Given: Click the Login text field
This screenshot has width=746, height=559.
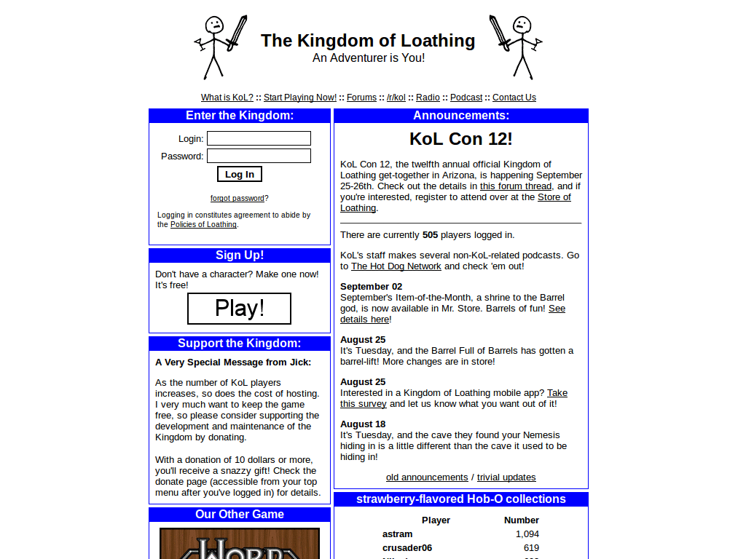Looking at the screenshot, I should (x=259, y=138).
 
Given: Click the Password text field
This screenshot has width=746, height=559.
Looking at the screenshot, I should (x=259, y=156).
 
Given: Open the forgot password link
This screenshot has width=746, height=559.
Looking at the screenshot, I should (x=237, y=198).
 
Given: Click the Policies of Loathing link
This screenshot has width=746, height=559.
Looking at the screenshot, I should (x=203, y=225).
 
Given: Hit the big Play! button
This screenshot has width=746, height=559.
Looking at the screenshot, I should (x=239, y=309).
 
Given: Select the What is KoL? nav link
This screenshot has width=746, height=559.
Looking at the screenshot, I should (x=227, y=98).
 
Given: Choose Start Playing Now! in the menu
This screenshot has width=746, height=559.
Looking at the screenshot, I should (x=300, y=98).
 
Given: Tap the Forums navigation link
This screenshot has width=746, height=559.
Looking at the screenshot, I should (x=361, y=98).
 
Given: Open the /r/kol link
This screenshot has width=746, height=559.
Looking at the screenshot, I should (x=396, y=98).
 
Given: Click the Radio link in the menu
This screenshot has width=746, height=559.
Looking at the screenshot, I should (x=428, y=98).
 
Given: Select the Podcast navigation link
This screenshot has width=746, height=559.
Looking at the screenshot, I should (x=466, y=98).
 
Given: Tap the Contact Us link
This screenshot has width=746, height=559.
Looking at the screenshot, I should (x=514, y=98).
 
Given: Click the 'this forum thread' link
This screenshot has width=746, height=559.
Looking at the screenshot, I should (x=517, y=186).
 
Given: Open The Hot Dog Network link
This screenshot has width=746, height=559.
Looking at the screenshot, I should (x=396, y=266).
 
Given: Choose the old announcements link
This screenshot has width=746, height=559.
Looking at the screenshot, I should (x=427, y=477).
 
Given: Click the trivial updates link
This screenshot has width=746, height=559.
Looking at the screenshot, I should (x=506, y=477).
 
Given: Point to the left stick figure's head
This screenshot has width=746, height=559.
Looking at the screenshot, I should (x=213, y=25).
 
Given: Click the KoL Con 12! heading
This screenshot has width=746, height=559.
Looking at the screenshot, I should (x=461, y=139).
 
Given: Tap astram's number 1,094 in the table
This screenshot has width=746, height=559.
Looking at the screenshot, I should (x=527, y=534).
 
